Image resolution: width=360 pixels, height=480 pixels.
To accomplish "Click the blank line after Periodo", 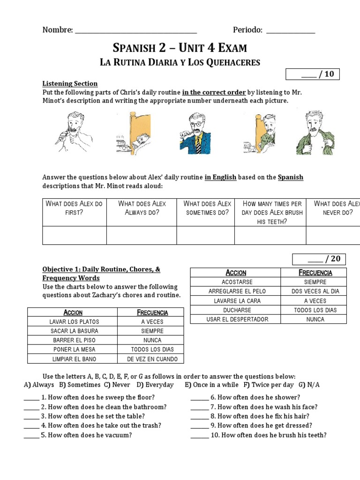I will (291, 31).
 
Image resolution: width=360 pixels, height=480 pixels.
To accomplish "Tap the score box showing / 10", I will (313, 74).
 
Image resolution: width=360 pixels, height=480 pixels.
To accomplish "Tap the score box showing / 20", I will (319, 259).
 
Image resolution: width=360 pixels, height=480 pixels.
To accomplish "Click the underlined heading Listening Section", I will (70, 83).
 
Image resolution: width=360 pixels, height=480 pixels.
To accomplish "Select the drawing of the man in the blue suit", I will (196, 133).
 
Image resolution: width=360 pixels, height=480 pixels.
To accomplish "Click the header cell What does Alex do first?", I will (74, 208).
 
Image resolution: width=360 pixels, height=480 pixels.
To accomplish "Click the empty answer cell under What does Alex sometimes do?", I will (205, 235).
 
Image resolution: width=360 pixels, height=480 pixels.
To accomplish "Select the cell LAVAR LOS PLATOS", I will (72, 322).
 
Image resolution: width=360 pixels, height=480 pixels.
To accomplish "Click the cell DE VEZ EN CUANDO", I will (152, 359).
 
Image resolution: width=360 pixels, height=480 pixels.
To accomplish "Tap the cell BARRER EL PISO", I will (72, 340).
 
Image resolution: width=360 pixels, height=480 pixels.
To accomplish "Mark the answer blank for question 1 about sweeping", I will (31, 398).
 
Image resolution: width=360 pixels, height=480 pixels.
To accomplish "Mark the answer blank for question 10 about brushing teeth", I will (199, 435).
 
